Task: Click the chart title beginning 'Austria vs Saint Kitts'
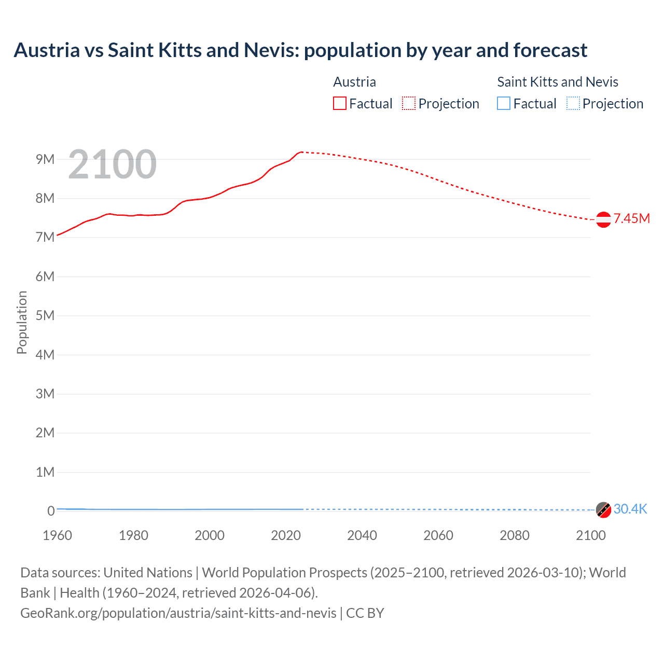300,50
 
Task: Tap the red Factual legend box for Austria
339,103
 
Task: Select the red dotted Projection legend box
409,103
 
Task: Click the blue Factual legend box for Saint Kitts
504,103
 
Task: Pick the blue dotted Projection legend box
573,103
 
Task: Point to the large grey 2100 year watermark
112,164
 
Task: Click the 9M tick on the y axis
45,159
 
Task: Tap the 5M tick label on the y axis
45,315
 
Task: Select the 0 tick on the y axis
51,511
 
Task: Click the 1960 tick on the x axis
57,535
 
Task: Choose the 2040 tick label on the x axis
362,535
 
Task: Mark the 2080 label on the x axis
515,535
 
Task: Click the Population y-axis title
22,322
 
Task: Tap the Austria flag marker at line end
603,219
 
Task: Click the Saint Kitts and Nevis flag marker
603,510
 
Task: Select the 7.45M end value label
632,218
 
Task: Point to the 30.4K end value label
630,509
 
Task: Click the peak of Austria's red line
301,152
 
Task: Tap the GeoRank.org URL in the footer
178,613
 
